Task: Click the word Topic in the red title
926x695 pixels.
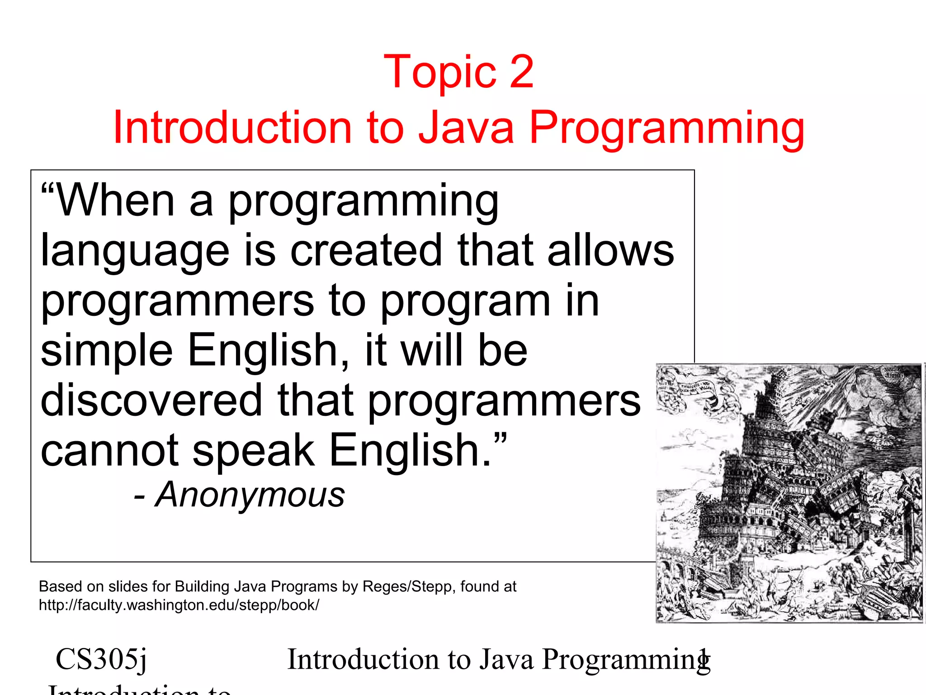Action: coord(439,72)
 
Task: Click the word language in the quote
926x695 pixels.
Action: coord(135,252)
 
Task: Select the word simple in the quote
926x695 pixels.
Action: coord(107,351)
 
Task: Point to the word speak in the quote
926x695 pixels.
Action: coord(253,451)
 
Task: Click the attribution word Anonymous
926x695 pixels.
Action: coord(250,495)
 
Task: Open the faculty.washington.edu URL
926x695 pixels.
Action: coord(179,605)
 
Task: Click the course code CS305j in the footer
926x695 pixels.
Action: coord(101,659)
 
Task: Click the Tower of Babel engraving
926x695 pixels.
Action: coord(789,493)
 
